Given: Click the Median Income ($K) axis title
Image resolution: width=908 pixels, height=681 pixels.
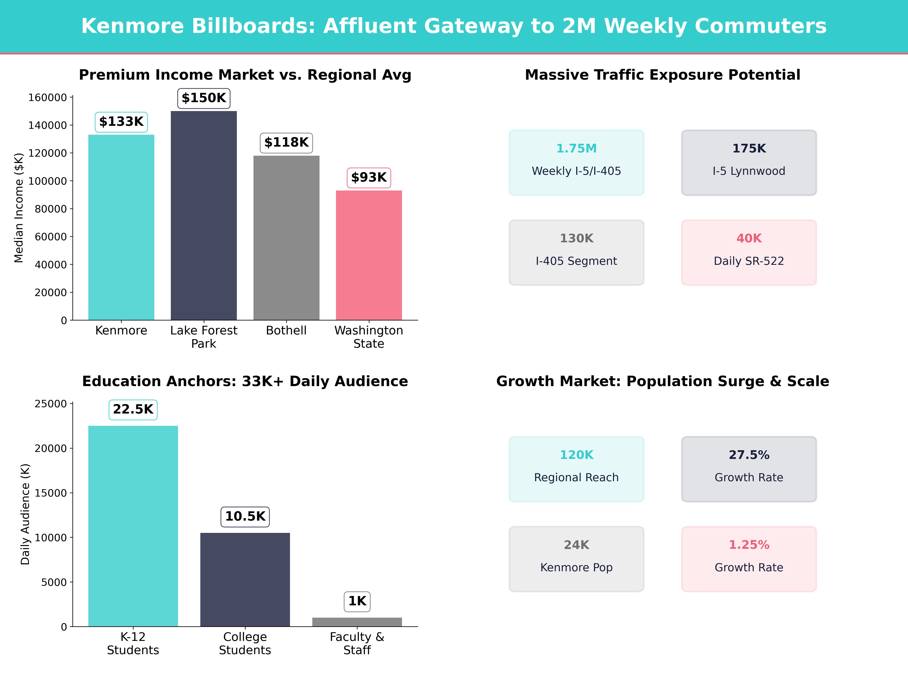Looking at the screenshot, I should (x=19, y=208).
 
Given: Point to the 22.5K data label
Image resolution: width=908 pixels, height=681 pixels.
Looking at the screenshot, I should (x=133, y=409).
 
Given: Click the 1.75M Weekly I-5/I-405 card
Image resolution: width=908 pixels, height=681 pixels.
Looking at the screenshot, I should (x=576, y=162).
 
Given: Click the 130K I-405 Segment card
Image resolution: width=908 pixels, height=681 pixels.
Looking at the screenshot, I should (x=576, y=253).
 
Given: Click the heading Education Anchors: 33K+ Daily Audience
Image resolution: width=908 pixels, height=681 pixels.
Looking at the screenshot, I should (x=245, y=381).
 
